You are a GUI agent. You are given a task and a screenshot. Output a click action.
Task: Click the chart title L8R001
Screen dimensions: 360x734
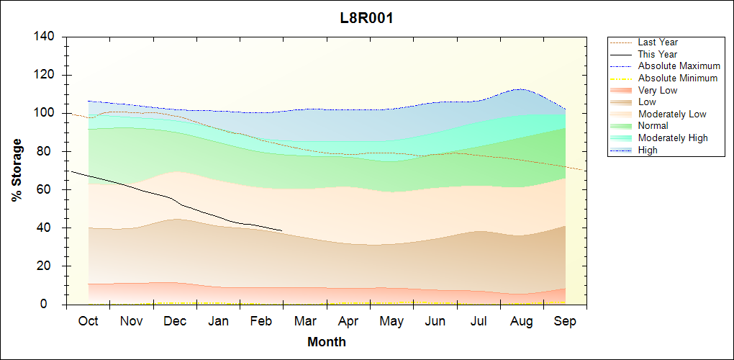[366, 18]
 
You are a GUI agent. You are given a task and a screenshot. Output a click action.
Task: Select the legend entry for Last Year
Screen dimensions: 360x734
[657, 42]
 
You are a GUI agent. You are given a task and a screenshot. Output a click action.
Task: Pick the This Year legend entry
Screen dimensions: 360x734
[657, 54]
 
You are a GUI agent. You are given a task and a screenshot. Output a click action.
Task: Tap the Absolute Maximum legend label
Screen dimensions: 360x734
[679, 66]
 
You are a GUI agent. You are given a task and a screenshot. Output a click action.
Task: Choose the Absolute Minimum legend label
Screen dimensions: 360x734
[677, 78]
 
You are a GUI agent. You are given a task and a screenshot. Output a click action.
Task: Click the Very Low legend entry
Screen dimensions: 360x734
[657, 90]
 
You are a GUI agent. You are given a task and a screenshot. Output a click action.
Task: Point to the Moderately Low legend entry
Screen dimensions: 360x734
[672, 114]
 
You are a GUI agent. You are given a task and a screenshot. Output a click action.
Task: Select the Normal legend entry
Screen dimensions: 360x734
[653, 126]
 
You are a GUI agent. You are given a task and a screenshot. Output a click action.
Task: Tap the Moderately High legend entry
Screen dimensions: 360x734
[673, 138]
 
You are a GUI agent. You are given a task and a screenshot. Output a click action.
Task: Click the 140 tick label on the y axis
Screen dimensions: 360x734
[45, 37]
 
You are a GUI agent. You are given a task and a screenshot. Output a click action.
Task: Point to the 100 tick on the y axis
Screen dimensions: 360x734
[45, 113]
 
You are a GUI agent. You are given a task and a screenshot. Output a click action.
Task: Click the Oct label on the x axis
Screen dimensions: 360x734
[88, 321]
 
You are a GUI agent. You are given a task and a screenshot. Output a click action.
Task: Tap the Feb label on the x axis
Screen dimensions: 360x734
[261, 321]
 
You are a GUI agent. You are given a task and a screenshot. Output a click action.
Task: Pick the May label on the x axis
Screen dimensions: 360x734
[391, 321]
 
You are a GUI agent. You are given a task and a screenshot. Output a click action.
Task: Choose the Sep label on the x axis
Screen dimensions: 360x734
[565, 321]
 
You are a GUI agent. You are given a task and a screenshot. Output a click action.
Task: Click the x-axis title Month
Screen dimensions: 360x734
[326, 342]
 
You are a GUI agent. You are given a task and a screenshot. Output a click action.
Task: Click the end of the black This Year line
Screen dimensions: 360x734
[281, 231]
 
